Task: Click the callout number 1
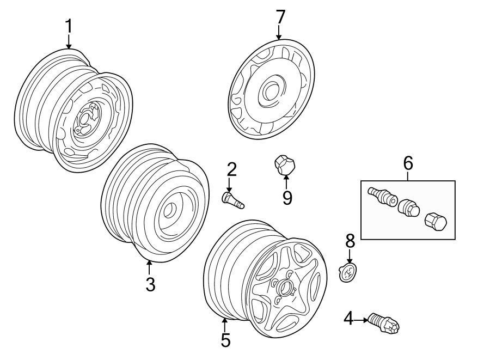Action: tap(69, 26)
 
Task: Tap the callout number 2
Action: tap(232, 169)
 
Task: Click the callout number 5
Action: tap(225, 340)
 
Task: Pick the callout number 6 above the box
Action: tap(408, 163)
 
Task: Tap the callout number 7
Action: tap(280, 17)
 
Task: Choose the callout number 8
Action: tap(350, 240)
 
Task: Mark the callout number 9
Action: tap(287, 197)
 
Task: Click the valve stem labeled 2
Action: tap(232, 199)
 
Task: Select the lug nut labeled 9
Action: tap(284, 164)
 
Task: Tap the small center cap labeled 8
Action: tap(346, 272)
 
